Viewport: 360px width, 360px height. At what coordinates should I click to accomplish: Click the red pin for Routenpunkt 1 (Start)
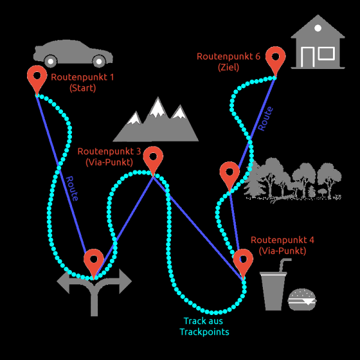tap(37, 77)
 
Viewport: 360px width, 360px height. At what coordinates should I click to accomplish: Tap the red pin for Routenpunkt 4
tap(243, 261)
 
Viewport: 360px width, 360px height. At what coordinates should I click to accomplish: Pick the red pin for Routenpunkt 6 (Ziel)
tap(275, 58)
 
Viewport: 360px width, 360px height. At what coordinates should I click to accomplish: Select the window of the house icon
tap(326, 53)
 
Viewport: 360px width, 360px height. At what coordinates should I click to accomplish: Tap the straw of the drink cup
tap(284, 264)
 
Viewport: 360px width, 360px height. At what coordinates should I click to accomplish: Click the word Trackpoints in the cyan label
tap(205, 332)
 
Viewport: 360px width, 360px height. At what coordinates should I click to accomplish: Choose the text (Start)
tap(83, 88)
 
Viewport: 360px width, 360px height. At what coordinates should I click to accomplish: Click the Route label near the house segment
tap(265, 119)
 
